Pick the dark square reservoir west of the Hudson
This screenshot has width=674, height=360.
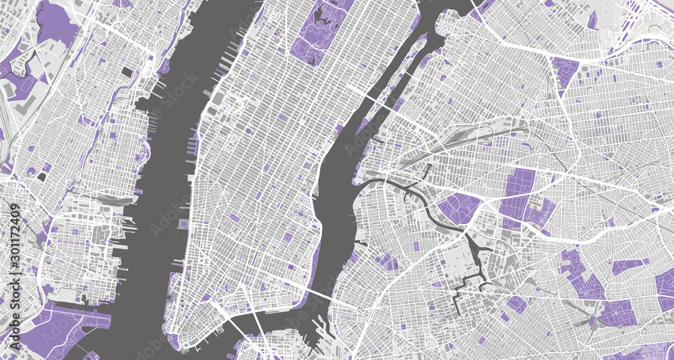click(x=127, y=71)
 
